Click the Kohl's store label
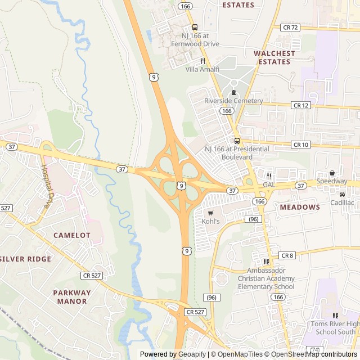point(210,222)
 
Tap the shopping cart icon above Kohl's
point(210,213)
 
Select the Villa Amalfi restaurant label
point(203,69)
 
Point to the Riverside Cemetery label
point(233,101)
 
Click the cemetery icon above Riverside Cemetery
point(233,92)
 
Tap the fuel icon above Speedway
point(332,173)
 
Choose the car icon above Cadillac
point(342,194)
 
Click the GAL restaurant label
point(269,184)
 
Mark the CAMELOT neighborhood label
point(71,235)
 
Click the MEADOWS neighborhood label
point(300,207)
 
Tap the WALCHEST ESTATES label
point(274,57)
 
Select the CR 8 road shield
point(287,255)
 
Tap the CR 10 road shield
point(301,145)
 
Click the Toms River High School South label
point(335,328)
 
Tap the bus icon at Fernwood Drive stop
point(195,27)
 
